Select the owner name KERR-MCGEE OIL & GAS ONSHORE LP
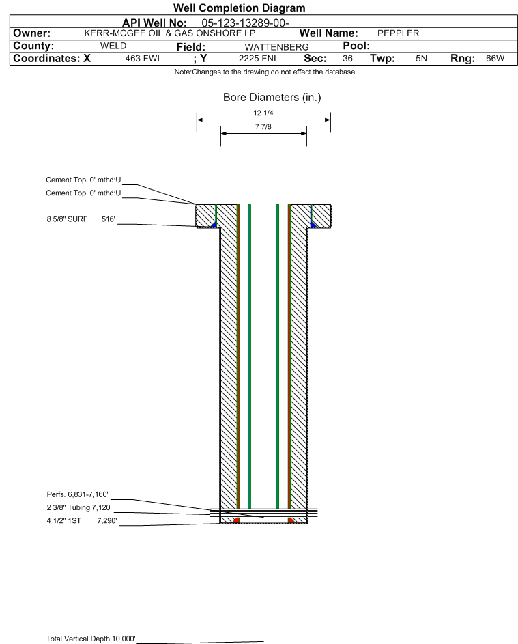click(x=169, y=33)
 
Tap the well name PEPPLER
click(x=398, y=33)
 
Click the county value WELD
click(x=113, y=46)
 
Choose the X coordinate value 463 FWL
click(x=143, y=59)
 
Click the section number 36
click(x=347, y=59)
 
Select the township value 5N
click(x=421, y=59)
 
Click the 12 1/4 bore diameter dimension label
click(x=263, y=113)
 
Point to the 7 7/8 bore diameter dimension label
click(x=263, y=127)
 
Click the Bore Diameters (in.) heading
click(x=272, y=98)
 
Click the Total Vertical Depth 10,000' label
click(x=91, y=639)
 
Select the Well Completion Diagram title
click(x=240, y=8)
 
